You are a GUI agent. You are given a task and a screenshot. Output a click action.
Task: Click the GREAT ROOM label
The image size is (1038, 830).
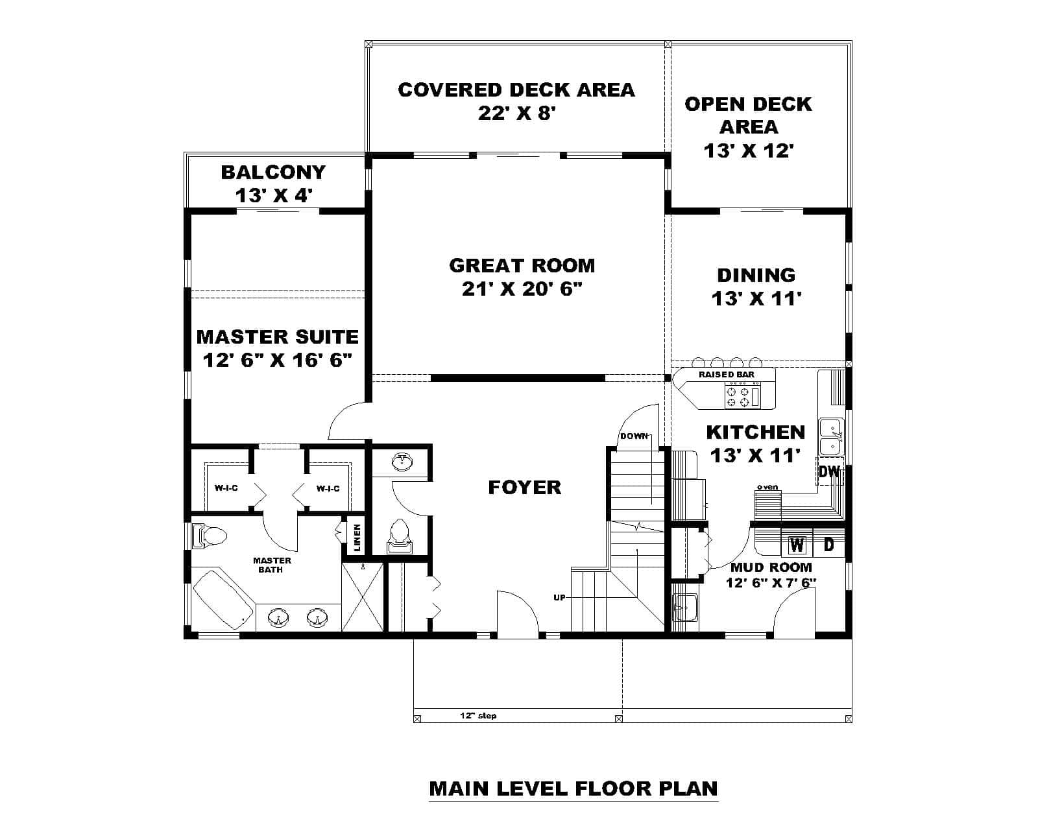(522, 265)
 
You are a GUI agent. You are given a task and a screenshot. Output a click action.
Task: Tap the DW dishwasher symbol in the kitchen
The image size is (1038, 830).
(829, 471)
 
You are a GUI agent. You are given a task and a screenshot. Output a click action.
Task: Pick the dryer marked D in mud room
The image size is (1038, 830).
(828, 545)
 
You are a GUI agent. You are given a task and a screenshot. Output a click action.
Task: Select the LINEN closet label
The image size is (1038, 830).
(357, 538)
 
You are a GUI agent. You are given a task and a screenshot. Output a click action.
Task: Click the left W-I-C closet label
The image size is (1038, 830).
(226, 488)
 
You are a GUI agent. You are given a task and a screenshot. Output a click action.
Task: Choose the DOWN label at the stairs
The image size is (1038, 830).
(634, 436)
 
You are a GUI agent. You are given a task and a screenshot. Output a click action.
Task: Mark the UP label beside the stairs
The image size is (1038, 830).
(559, 597)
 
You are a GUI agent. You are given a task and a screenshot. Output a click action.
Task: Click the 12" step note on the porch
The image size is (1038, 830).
(478, 716)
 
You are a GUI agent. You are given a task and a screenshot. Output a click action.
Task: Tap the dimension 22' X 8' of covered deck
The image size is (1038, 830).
(517, 113)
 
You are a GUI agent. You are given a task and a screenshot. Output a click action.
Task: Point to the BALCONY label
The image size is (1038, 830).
(273, 172)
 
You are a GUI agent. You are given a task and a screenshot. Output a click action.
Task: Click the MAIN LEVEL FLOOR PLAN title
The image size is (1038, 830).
(573, 788)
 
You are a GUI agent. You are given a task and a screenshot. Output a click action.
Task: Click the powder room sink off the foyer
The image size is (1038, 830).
(403, 462)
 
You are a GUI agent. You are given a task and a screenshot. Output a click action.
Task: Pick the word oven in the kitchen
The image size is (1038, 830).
(767, 487)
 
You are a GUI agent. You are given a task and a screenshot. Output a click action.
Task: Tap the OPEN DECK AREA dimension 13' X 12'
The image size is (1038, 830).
(749, 150)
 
